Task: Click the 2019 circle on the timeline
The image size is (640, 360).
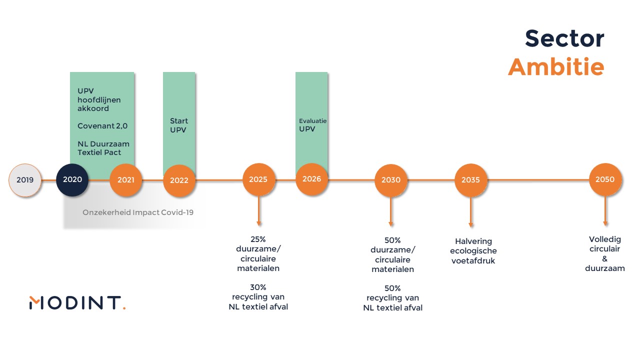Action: (x=25, y=180)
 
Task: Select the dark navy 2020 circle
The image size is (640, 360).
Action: (x=72, y=179)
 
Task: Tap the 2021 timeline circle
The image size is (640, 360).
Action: (x=126, y=180)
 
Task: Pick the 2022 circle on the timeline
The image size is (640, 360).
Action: (x=179, y=180)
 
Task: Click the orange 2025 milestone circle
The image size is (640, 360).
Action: (x=258, y=179)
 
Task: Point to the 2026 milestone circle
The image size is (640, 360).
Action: (x=311, y=179)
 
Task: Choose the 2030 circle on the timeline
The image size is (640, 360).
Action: (x=391, y=180)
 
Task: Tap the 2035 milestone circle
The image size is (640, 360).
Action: (x=471, y=180)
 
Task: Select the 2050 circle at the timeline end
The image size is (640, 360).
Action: (x=605, y=179)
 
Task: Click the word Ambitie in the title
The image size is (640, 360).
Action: (x=556, y=67)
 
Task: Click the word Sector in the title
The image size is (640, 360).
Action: (x=564, y=38)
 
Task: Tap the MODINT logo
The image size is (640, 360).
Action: (x=77, y=303)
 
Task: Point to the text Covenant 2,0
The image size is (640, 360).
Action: (x=102, y=126)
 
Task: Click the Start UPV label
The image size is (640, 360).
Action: (x=179, y=125)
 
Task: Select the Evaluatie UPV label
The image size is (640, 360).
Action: (x=312, y=125)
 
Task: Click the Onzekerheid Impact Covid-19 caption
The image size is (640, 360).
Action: (x=138, y=212)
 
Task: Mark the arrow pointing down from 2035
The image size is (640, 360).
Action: (x=471, y=212)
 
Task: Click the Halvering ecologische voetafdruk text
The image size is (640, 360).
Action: (x=473, y=251)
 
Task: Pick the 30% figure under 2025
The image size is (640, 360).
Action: (x=258, y=287)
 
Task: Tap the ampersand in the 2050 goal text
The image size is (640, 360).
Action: (x=605, y=259)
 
